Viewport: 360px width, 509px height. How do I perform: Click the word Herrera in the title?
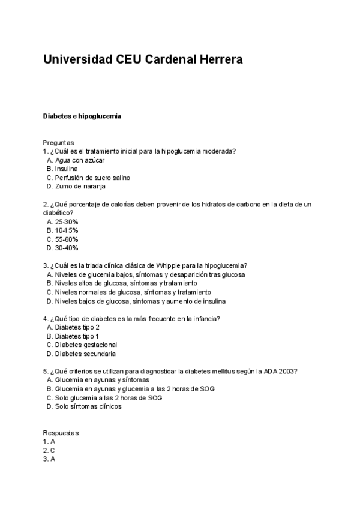click(217, 60)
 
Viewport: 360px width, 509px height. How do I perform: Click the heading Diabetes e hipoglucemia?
click(82, 116)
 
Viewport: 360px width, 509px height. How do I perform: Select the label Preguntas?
click(59, 143)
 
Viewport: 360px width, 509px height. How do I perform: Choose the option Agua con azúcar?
click(80, 160)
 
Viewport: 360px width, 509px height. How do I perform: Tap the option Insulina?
click(66, 169)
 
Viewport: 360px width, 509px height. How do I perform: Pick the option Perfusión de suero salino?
click(92, 178)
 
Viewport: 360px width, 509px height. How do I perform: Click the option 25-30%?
click(67, 221)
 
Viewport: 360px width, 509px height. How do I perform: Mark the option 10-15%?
click(67, 230)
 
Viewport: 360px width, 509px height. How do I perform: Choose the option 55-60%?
click(67, 239)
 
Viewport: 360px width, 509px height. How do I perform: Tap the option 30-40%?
click(67, 248)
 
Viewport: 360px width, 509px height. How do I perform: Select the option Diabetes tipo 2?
click(77, 327)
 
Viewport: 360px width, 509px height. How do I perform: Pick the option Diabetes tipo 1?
click(77, 336)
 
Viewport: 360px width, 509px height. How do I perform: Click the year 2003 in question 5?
click(289, 371)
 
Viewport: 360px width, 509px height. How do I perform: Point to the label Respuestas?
click(61, 433)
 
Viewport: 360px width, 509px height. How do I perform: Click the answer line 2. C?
click(49, 450)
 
